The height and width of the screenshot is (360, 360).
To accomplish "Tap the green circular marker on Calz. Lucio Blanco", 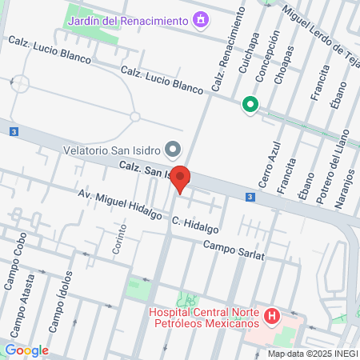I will tap(250, 103).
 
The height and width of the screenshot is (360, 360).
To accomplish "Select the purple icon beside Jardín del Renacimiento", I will tap(201, 18).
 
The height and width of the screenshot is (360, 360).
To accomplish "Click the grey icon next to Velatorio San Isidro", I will tap(172, 149).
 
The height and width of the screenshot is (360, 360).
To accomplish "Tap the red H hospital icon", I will tap(272, 317).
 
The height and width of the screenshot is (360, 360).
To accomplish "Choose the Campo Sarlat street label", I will tap(233, 250).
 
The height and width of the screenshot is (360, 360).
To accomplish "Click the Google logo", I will tap(26, 350).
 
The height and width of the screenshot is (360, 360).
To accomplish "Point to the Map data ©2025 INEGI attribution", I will tap(312, 354).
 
